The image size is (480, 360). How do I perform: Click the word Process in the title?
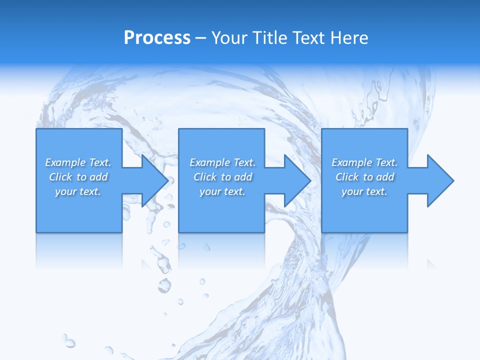157,38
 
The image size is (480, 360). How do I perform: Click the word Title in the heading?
270,38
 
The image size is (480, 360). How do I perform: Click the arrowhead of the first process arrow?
155,180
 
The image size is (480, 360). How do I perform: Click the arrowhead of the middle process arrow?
298,180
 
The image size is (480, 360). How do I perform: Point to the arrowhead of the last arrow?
440,180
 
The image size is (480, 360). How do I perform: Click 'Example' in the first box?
65,162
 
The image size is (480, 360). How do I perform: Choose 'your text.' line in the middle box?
222,191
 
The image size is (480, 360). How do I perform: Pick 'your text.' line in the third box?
364,191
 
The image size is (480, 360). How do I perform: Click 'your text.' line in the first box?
78,191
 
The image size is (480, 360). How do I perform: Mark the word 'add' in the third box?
385,177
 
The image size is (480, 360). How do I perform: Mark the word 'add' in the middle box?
243,177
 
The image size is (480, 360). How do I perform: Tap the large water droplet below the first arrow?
164,285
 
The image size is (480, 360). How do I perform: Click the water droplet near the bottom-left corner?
69,343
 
